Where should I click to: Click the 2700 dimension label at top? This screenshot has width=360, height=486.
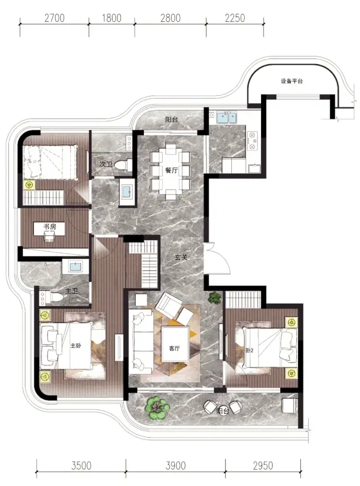click(x=54, y=18)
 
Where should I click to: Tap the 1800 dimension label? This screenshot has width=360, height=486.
click(x=111, y=18)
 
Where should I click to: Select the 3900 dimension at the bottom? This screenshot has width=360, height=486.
click(x=175, y=466)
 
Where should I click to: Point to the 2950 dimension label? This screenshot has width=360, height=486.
click(x=263, y=466)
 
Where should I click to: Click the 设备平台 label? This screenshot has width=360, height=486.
click(x=291, y=81)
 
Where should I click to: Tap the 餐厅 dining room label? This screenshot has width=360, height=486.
click(x=172, y=170)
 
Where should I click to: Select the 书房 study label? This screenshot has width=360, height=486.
click(x=49, y=227)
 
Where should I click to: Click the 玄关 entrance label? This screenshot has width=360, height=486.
click(x=181, y=257)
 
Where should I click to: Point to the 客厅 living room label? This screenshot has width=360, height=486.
click(x=174, y=348)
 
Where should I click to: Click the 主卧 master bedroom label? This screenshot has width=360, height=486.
click(x=76, y=345)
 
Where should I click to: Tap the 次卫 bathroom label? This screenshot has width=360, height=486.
click(x=106, y=164)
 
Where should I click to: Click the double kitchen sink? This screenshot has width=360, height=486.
click(x=226, y=118)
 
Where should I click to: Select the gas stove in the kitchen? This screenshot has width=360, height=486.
click(x=253, y=141)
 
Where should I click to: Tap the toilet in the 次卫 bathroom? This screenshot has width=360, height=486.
click(x=123, y=164)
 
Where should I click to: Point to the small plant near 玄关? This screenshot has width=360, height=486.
click(x=214, y=298)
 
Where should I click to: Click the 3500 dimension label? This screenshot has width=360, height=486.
click(x=81, y=466)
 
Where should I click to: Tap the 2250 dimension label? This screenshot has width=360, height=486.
click(x=235, y=18)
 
